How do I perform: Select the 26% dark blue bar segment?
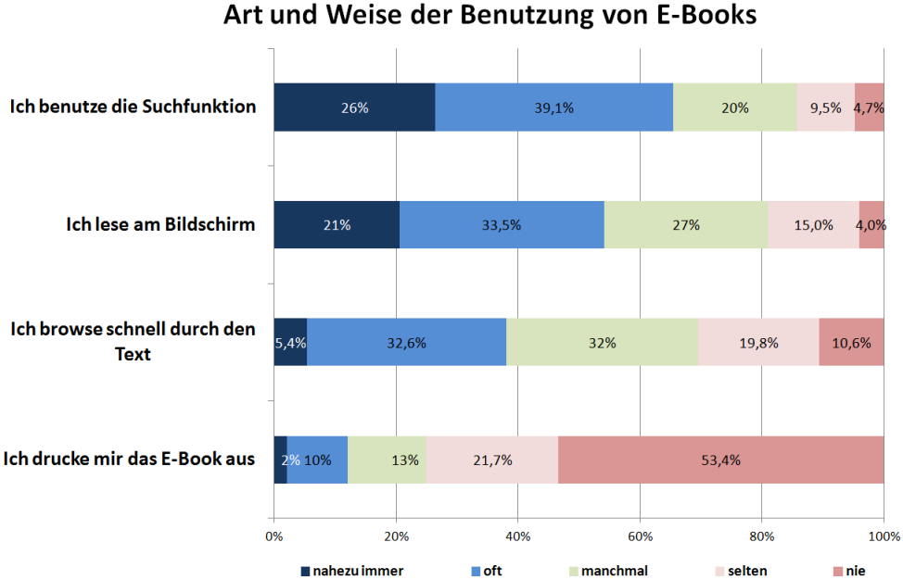coord(354,107)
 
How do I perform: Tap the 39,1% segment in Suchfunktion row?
coord(553,107)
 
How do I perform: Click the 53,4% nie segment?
coord(720,460)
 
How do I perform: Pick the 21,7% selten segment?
coord(491,460)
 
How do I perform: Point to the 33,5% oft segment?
coord(502,225)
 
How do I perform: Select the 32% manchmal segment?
coord(602,342)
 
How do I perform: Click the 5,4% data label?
coord(290,342)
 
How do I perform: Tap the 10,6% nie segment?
coord(851,342)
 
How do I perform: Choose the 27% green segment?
coord(685,225)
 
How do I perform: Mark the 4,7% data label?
coord(870,107)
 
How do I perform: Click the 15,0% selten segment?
coord(813,225)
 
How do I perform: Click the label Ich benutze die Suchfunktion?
coord(133,107)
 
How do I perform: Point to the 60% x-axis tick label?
coord(640,536)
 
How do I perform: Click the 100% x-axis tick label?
coord(884,536)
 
